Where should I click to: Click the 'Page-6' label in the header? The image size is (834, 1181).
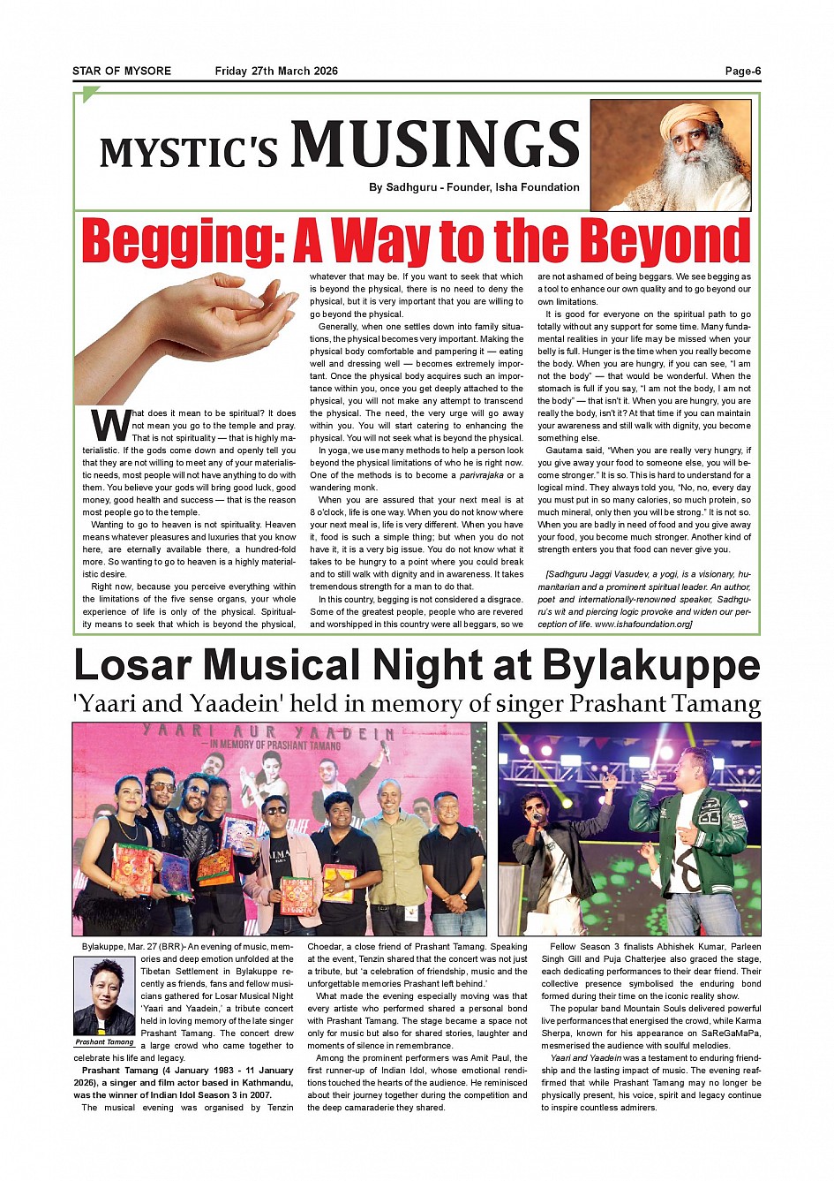742,72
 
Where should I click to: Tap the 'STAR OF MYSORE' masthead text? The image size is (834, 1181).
122,72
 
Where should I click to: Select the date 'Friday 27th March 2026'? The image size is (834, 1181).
276,72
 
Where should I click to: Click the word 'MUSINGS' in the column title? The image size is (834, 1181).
435,144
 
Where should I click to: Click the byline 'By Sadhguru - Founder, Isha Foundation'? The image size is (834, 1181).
474,187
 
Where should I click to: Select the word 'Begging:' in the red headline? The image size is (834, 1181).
183,241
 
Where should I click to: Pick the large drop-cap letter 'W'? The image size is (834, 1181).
111,425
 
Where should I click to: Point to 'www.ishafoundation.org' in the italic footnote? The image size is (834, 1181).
642,625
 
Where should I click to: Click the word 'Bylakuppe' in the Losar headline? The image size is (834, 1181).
651,666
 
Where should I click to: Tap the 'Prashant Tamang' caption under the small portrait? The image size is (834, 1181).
104,1042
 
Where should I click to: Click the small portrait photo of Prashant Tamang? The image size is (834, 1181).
104,996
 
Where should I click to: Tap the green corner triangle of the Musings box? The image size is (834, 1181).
89,94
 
